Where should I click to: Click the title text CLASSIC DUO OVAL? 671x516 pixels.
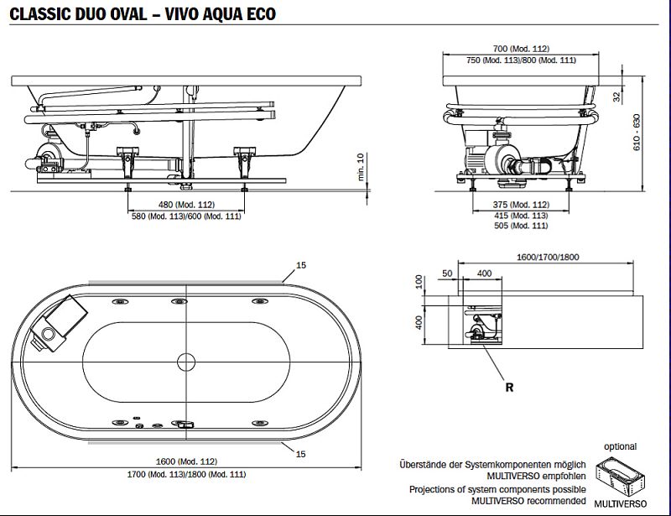75,14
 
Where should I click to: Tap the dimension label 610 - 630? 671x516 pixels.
637,131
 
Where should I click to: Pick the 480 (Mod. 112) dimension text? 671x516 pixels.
185,204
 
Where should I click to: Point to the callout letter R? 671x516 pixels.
509,388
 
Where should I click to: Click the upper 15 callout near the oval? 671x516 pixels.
300,265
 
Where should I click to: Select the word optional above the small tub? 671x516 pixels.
620,446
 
